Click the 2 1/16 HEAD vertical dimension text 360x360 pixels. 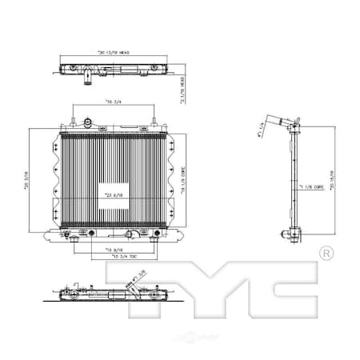182,89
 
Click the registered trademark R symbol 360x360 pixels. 326,253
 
